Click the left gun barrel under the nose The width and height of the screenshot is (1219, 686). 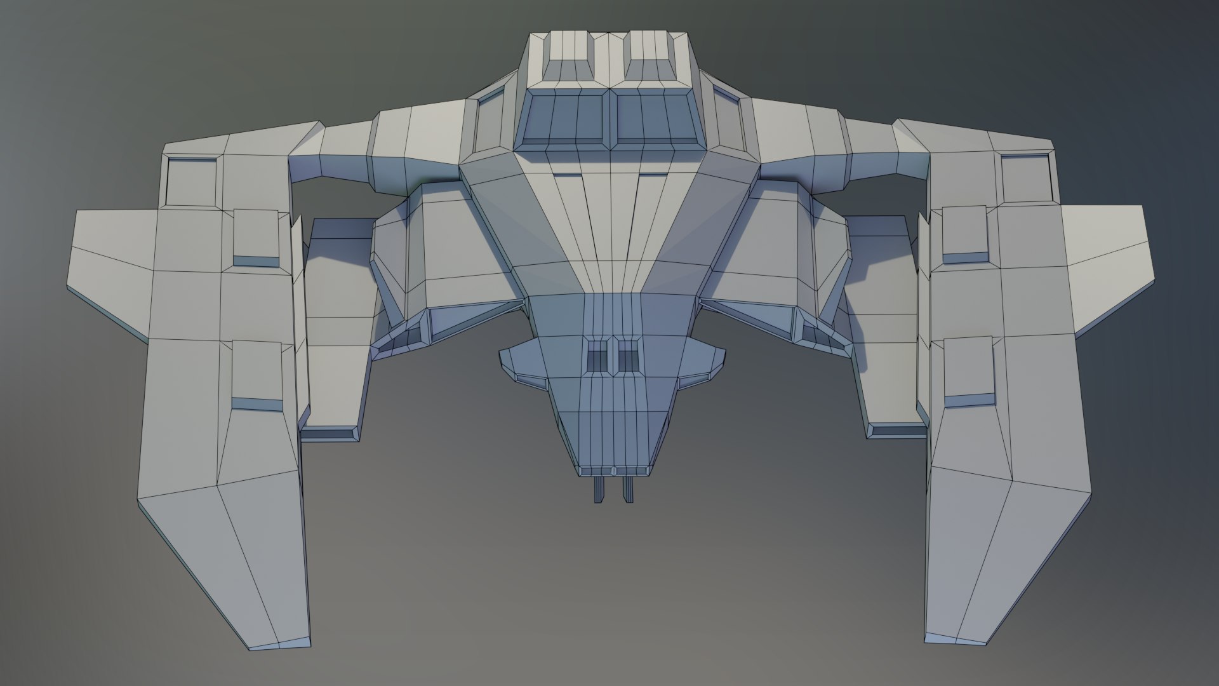click(x=598, y=488)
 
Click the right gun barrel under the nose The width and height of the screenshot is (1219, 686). click(x=628, y=488)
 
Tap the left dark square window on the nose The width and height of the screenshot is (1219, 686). click(x=597, y=356)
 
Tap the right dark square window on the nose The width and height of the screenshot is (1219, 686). click(x=629, y=356)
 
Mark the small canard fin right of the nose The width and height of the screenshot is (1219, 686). click(x=702, y=365)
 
